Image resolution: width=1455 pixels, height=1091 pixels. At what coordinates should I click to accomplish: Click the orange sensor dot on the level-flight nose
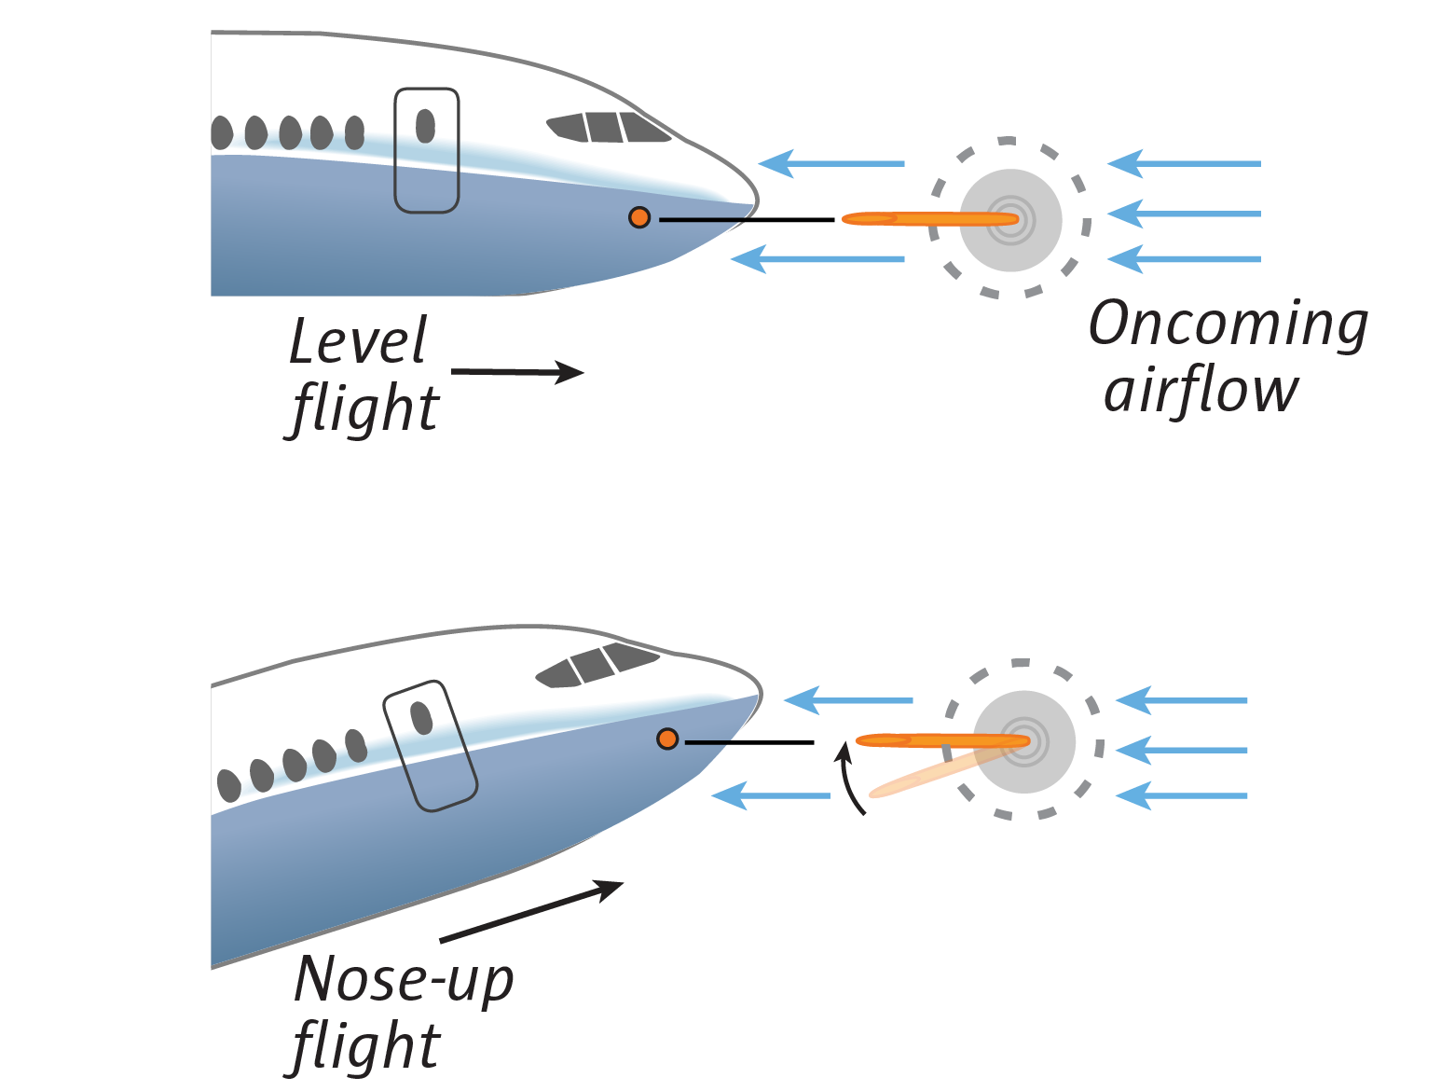[x=639, y=217]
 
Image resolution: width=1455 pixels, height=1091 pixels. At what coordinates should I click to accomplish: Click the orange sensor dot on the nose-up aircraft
[x=667, y=739]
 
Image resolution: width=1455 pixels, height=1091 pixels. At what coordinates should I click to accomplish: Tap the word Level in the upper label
[x=357, y=342]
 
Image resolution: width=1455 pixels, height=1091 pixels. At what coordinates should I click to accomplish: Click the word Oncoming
[x=1228, y=325]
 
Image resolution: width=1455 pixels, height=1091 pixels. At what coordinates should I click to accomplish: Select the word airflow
[x=1201, y=392]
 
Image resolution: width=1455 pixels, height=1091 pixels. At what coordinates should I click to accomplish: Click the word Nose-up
[x=404, y=980]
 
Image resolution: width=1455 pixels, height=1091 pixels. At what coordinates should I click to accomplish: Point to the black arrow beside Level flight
[x=518, y=372]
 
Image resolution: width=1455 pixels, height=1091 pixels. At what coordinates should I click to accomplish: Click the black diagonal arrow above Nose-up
[x=531, y=911]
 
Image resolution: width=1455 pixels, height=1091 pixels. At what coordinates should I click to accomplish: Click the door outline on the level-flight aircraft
[x=427, y=150]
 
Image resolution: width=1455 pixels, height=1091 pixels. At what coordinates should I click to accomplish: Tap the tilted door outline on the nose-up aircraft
[x=431, y=745]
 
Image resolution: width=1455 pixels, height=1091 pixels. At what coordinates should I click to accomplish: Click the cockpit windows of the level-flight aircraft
[x=608, y=128]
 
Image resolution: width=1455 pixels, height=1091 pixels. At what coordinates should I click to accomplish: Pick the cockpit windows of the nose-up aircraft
[x=597, y=664]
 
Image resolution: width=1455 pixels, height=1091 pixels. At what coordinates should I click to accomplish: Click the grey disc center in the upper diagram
[x=1011, y=220]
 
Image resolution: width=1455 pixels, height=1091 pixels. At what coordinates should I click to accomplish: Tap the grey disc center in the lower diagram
[x=1024, y=742]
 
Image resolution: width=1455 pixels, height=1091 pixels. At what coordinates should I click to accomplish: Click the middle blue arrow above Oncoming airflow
[x=1184, y=214]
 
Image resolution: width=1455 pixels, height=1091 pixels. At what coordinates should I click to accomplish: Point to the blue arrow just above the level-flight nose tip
[x=830, y=163]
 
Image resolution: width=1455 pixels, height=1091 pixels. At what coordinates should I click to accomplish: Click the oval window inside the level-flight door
[x=425, y=126]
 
